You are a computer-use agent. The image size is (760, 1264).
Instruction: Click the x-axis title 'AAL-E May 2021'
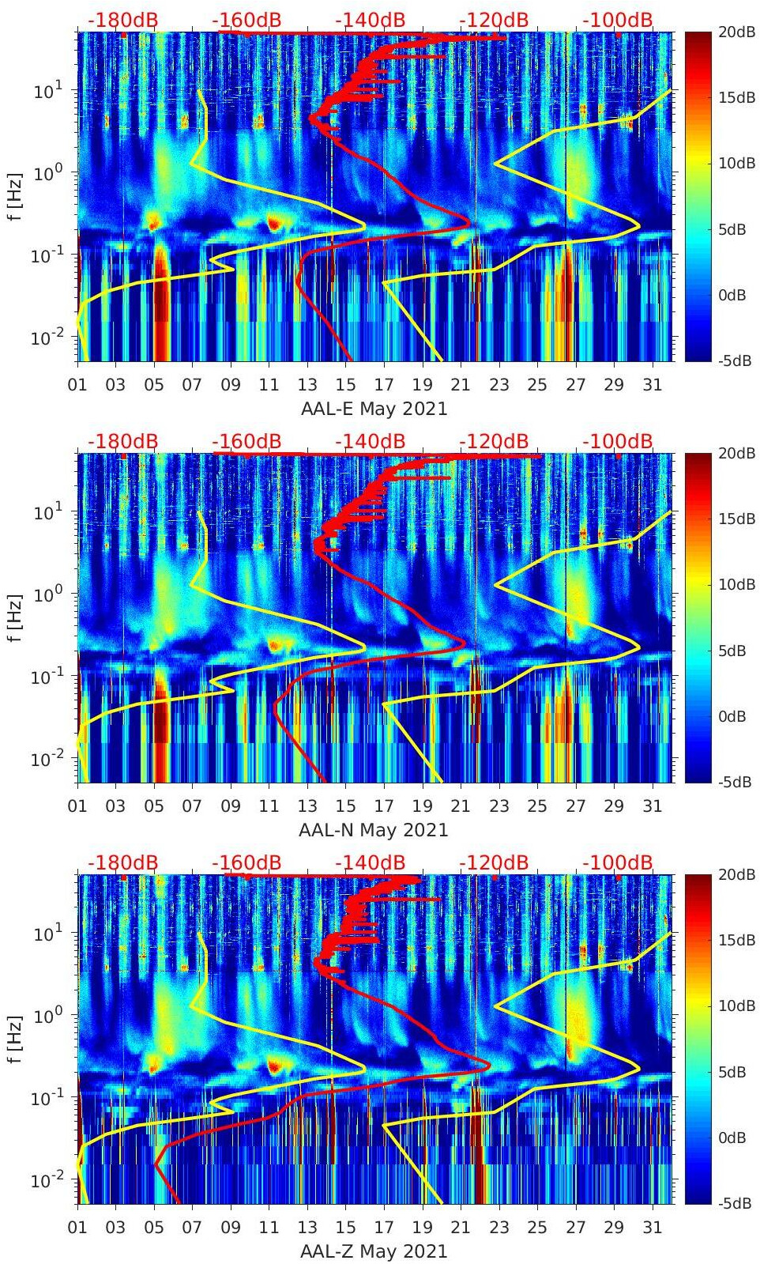coord(374,409)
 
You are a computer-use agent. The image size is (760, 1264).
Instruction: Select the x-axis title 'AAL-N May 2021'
coord(374,830)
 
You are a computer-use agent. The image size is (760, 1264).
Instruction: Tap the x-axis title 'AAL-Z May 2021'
coord(374,1251)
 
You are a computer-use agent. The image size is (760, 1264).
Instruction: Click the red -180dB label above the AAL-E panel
coord(122,20)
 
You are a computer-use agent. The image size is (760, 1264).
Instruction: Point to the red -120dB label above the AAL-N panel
coord(494,441)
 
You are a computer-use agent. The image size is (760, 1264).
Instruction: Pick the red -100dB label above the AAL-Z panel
coord(618,862)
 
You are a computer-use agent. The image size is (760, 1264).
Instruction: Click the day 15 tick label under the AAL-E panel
coord(345,385)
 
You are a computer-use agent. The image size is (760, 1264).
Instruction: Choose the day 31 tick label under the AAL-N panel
coord(652,806)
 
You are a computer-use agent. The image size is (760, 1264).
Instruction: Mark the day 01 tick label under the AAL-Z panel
coord(77,1228)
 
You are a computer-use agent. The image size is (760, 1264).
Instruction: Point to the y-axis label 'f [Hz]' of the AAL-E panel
coord(14,196)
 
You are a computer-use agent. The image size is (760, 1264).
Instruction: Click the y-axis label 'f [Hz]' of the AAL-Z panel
coord(14,1039)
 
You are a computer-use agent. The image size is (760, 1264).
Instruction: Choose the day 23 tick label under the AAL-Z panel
coord(499,1228)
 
